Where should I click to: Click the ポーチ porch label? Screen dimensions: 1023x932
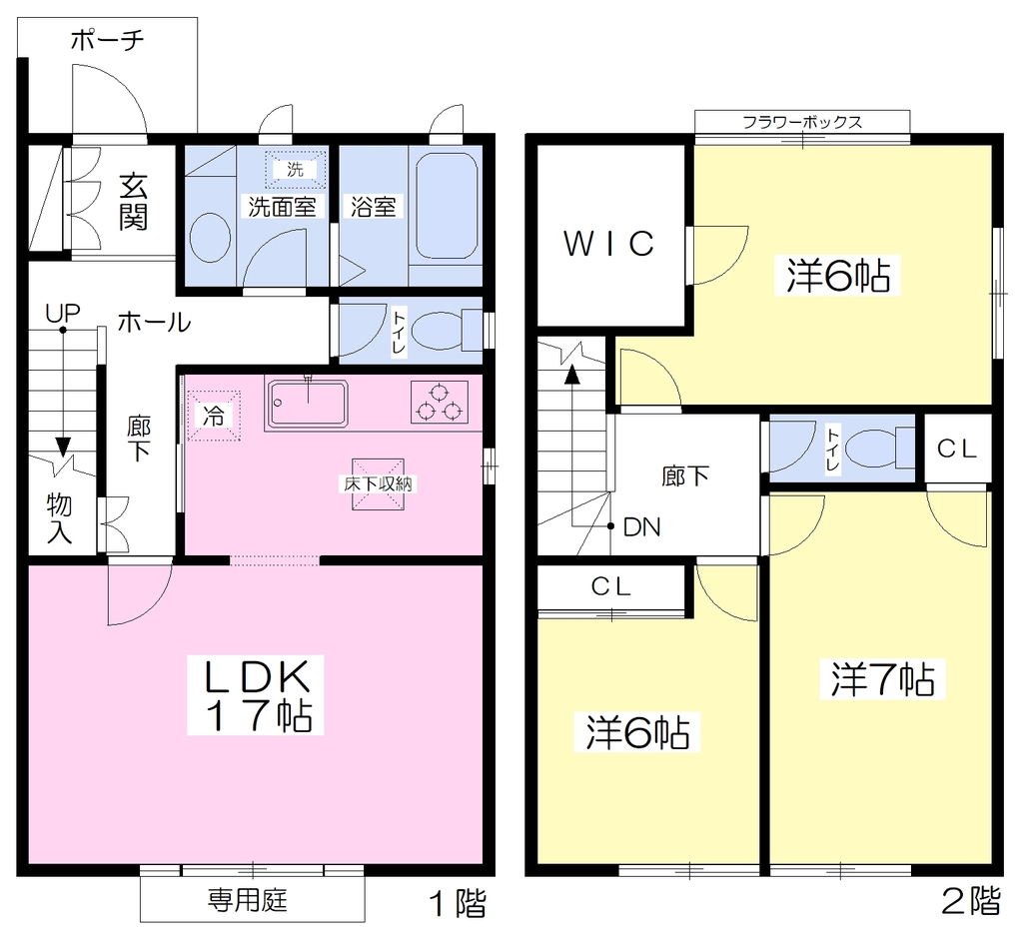tap(108, 40)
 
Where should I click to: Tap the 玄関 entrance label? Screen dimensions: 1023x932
tap(133, 202)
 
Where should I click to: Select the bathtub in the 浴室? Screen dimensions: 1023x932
tap(447, 206)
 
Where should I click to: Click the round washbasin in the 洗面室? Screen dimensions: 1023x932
tap(210, 238)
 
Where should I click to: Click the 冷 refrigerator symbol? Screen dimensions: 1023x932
tap(214, 416)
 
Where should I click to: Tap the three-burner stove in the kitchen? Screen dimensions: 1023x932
tap(440, 402)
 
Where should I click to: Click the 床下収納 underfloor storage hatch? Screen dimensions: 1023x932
tap(379, 483)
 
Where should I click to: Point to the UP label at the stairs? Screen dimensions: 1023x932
tap(63, 314)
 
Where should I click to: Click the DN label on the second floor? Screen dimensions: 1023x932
tap(642, 527)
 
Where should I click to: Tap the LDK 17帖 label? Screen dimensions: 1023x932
tap(256, 695)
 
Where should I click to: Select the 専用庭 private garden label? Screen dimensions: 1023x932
tap(248, 901)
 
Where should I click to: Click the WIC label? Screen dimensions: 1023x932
tap(609, 244)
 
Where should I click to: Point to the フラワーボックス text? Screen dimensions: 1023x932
tap(802, 122)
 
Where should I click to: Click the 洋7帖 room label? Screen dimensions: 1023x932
tap(882, 679)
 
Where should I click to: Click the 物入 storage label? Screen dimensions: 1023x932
tap(59, 518)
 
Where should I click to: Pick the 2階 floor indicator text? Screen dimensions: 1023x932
tap(971, 901)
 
